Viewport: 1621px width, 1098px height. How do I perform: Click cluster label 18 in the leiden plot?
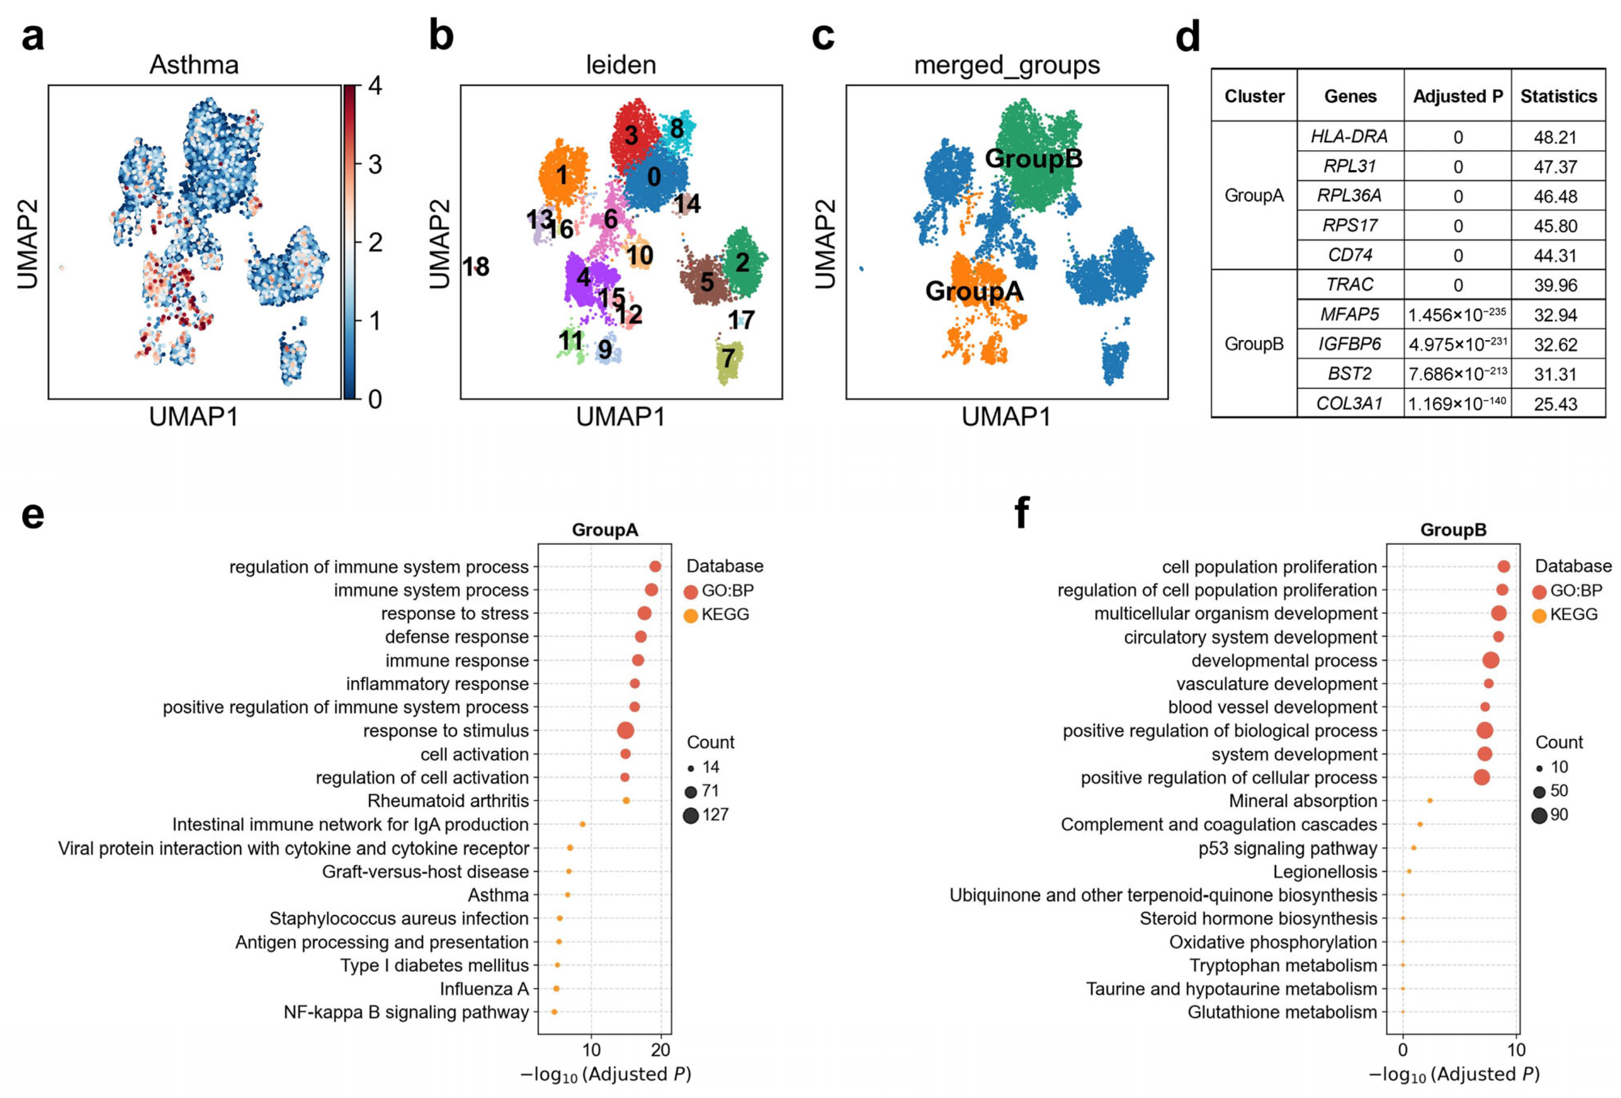tap(476, 266)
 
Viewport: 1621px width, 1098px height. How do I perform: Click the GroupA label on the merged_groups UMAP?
tap(974, 290)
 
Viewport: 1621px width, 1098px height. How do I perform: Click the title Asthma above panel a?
tap(194, 65)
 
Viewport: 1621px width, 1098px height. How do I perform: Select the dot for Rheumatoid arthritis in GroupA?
tap(626, 801)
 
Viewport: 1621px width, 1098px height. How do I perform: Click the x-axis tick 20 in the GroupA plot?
tap(660, 1050)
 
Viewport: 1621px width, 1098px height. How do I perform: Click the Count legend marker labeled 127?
tap(691, 815)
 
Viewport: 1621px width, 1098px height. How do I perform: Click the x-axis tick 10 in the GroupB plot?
tap(1516, 1050)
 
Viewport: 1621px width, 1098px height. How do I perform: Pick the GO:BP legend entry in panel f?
tap(1575, 591)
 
